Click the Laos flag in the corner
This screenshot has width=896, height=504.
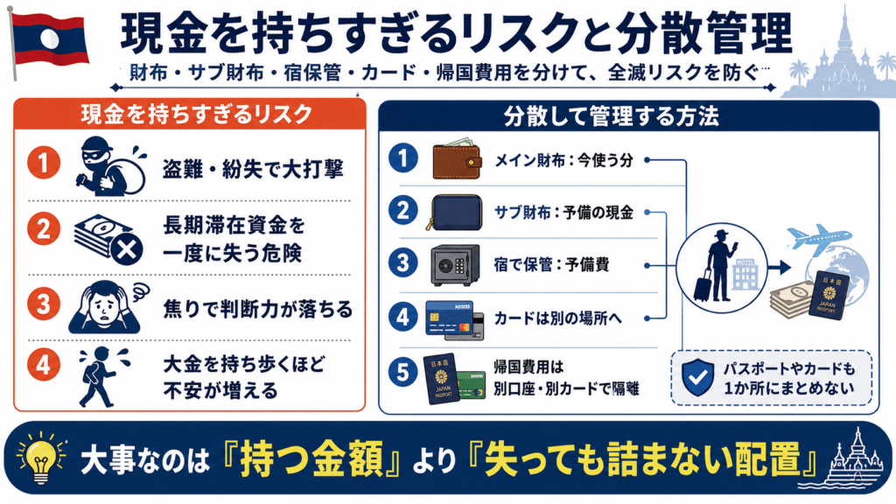coord(50,38)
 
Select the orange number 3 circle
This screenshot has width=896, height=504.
coord(44,304)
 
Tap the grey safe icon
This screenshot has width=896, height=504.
coord(455,265)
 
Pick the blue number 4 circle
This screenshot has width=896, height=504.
coord(403,317)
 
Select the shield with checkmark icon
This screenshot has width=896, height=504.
coord(697,377)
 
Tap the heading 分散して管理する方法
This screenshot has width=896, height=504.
coord(611,116)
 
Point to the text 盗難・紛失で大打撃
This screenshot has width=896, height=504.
coord(253,169)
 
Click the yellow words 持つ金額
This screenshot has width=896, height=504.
coord(311,458)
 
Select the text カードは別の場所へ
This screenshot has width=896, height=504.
coord(557,318)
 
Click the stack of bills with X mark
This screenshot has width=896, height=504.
coord(108,240)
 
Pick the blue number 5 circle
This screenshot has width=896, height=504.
coord(403,373)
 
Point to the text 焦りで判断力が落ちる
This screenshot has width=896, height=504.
coord(258,309)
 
